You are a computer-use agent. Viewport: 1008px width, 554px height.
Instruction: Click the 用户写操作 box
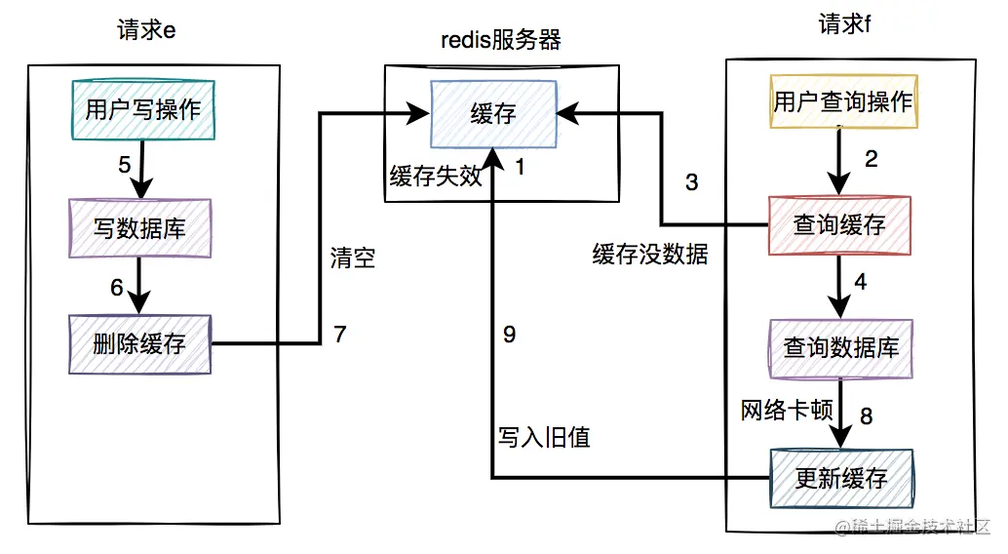pyautogui.click(x=142, y=109)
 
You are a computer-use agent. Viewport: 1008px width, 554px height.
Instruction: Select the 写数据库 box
pyautogui.click(x=139, y=227)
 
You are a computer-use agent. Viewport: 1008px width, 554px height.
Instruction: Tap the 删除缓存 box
pyautogui.click(x=139, y=343)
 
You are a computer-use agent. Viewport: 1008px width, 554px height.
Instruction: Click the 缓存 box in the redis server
pyautogui.click(x=493, y=113)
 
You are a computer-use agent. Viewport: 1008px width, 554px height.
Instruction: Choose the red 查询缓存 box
pyautogui.click(x=839, y=226)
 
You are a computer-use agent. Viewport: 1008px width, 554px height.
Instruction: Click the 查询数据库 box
pyautogui.click(x=841, y=348)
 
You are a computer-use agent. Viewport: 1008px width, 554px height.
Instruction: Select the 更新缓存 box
pyautogui.click(x=841, y=478)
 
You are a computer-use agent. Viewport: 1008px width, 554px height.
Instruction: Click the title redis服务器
pyautogui.click(x=500, y=41)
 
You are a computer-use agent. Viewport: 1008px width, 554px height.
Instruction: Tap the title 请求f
pyautogui.click(x=844, y=23)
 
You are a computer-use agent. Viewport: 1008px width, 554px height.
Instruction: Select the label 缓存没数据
pyautogui.click(x=650, y=255)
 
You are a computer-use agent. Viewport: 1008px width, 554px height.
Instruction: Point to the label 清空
pyautogui.click(x=352, y=258)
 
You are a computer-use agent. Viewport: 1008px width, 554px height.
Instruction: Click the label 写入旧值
pyautogui.click(x=544, y=437)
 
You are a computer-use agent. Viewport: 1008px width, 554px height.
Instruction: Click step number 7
pyautogui.click(x=339, y=335)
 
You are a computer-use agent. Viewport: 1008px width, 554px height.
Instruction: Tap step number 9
pyautogui.click(x=509, y=335)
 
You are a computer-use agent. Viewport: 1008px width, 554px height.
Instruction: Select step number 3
pyautogui.click(x=691, y=182)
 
